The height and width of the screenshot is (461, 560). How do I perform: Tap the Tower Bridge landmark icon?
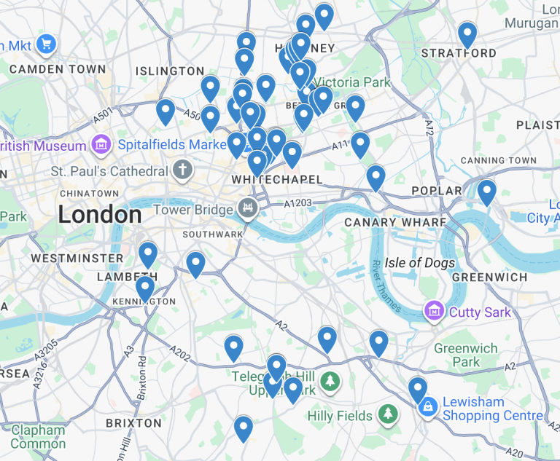point(249,210)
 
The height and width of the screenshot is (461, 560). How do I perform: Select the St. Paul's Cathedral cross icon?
point(182,171)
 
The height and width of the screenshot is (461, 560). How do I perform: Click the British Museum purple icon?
point(101,143)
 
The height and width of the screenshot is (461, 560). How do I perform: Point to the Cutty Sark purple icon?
point(435,312)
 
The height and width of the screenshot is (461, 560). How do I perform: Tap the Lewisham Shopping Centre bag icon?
point(428,407)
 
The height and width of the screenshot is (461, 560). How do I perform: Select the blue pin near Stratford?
point(467,34)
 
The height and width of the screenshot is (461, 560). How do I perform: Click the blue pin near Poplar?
point(486,192)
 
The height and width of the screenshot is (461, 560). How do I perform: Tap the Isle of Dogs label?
point(420,263)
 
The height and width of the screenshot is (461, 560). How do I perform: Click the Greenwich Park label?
point(465,355)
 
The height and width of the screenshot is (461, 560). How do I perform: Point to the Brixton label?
point(133,423)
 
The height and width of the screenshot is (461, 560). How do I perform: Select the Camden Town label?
point(58,69)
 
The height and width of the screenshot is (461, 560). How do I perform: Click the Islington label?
point(170,71)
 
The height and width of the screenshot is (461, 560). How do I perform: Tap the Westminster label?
point(77,258)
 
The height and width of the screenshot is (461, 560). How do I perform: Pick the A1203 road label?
point(299,203)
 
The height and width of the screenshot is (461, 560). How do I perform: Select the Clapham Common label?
point(38,437)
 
